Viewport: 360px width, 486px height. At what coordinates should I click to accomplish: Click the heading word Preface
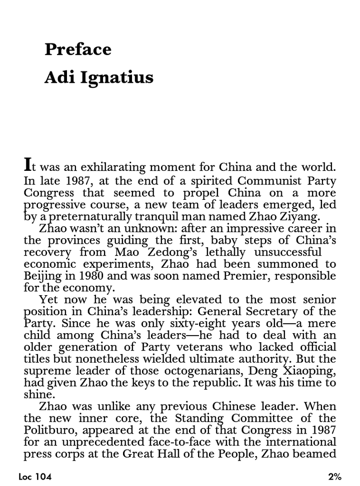tap(77, 49)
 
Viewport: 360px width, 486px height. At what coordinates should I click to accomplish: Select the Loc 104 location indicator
tap(34, 477)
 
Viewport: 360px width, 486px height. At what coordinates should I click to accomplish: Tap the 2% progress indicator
tap(334, 477)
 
